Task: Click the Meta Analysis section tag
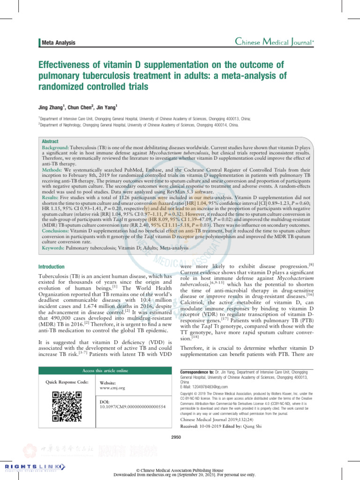coord(59,43)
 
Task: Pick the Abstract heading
coord(50,141)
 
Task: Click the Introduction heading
coord(52,266)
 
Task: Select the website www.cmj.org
coord(112,388)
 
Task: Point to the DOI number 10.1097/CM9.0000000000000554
coord(133,407)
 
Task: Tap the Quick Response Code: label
coord(67,382)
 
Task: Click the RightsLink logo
coord(31,466)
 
